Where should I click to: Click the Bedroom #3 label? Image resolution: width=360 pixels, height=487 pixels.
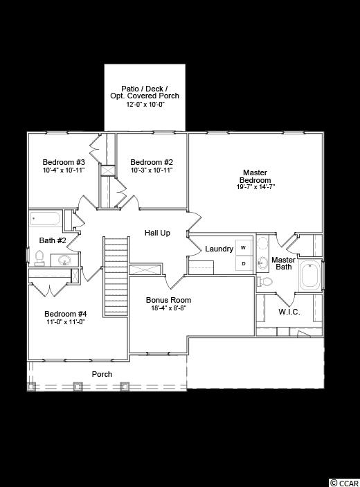(64, 162)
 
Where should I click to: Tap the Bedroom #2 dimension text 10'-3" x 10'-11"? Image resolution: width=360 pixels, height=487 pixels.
(152, 170)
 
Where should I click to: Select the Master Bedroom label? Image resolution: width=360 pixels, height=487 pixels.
(255, 177)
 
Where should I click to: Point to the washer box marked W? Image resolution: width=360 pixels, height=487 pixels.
(243, 248)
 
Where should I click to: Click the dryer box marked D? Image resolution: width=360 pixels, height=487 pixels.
(244, 264)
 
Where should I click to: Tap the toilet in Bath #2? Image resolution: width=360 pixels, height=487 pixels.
(39, 258)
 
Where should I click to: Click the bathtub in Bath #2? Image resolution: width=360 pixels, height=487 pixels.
(45, 219)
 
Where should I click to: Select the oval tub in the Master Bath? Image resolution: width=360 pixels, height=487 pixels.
(309, 275)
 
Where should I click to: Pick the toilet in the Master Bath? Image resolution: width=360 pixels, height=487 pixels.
(264, 282)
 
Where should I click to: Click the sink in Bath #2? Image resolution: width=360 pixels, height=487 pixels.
(64, 260)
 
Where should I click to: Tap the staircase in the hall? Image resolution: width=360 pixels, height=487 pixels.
(116, 276)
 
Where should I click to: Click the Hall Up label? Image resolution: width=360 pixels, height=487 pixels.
(157, 233)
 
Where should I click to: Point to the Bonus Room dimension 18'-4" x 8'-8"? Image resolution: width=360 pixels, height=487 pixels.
(168, 308)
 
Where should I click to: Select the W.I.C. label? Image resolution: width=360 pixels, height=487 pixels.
(289, 312)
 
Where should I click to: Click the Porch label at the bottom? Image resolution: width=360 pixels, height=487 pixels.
(102, 374)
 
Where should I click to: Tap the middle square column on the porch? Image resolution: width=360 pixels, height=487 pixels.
(78, 387)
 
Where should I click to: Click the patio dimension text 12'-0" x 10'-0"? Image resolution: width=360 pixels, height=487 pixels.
(145, 105)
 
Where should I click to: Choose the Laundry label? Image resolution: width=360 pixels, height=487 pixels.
(219, 249)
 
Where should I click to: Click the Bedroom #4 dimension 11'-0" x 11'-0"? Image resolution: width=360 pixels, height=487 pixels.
(66, 322)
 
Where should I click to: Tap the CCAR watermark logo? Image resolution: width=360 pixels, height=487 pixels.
(344, 483)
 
